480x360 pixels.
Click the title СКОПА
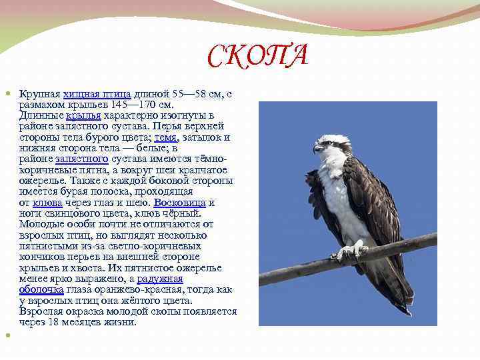[257, 56]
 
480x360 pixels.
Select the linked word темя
[165, 137]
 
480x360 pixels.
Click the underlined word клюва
[47, 202]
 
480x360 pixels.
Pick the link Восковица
[179, 202]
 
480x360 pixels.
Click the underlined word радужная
[160, 278]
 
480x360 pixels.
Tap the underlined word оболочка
[41, 289]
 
